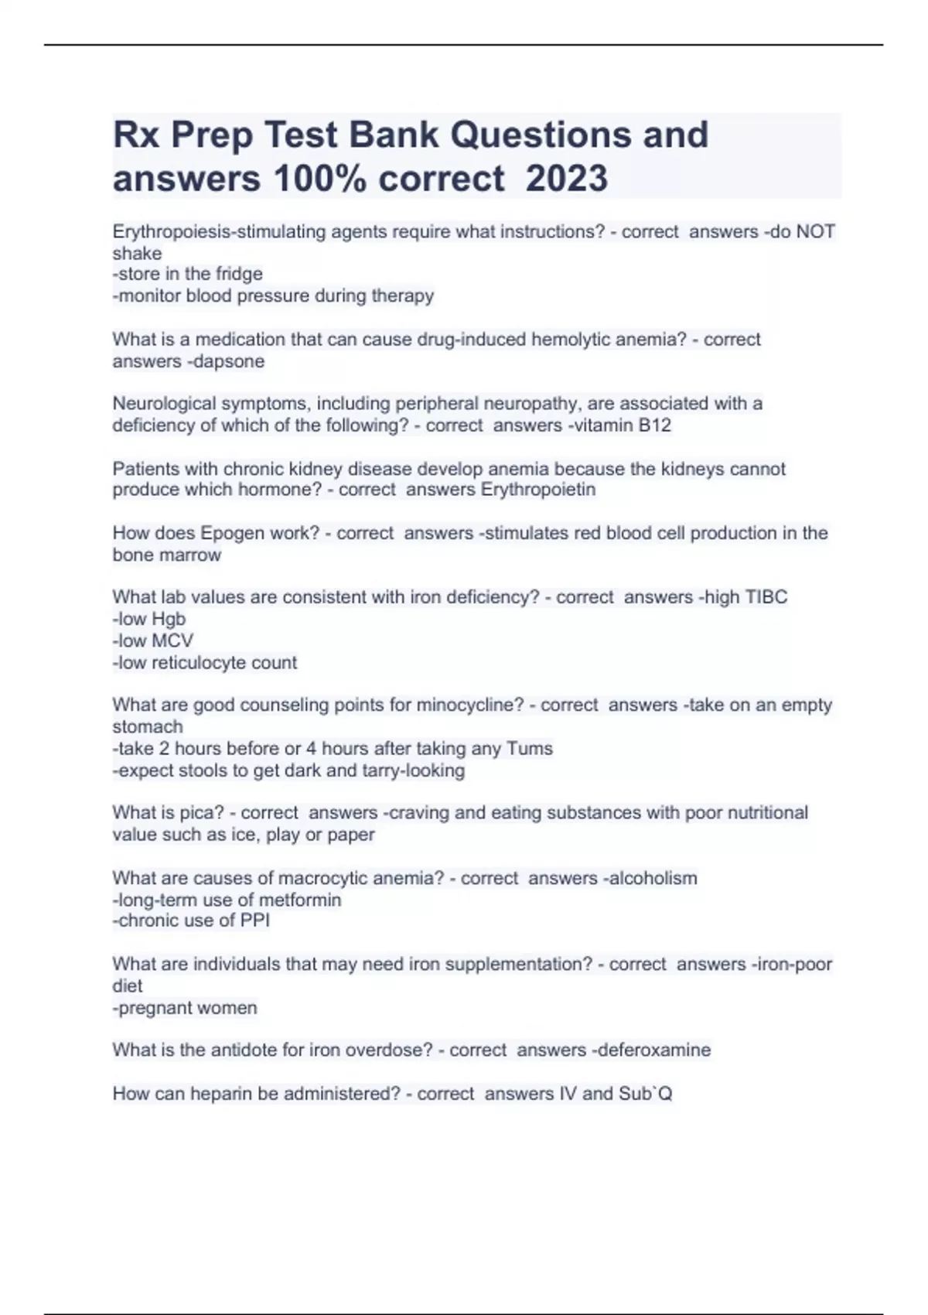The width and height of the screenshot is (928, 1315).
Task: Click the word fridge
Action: (x=239, y=274)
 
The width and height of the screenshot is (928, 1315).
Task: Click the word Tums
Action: (x=530, y=749)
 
